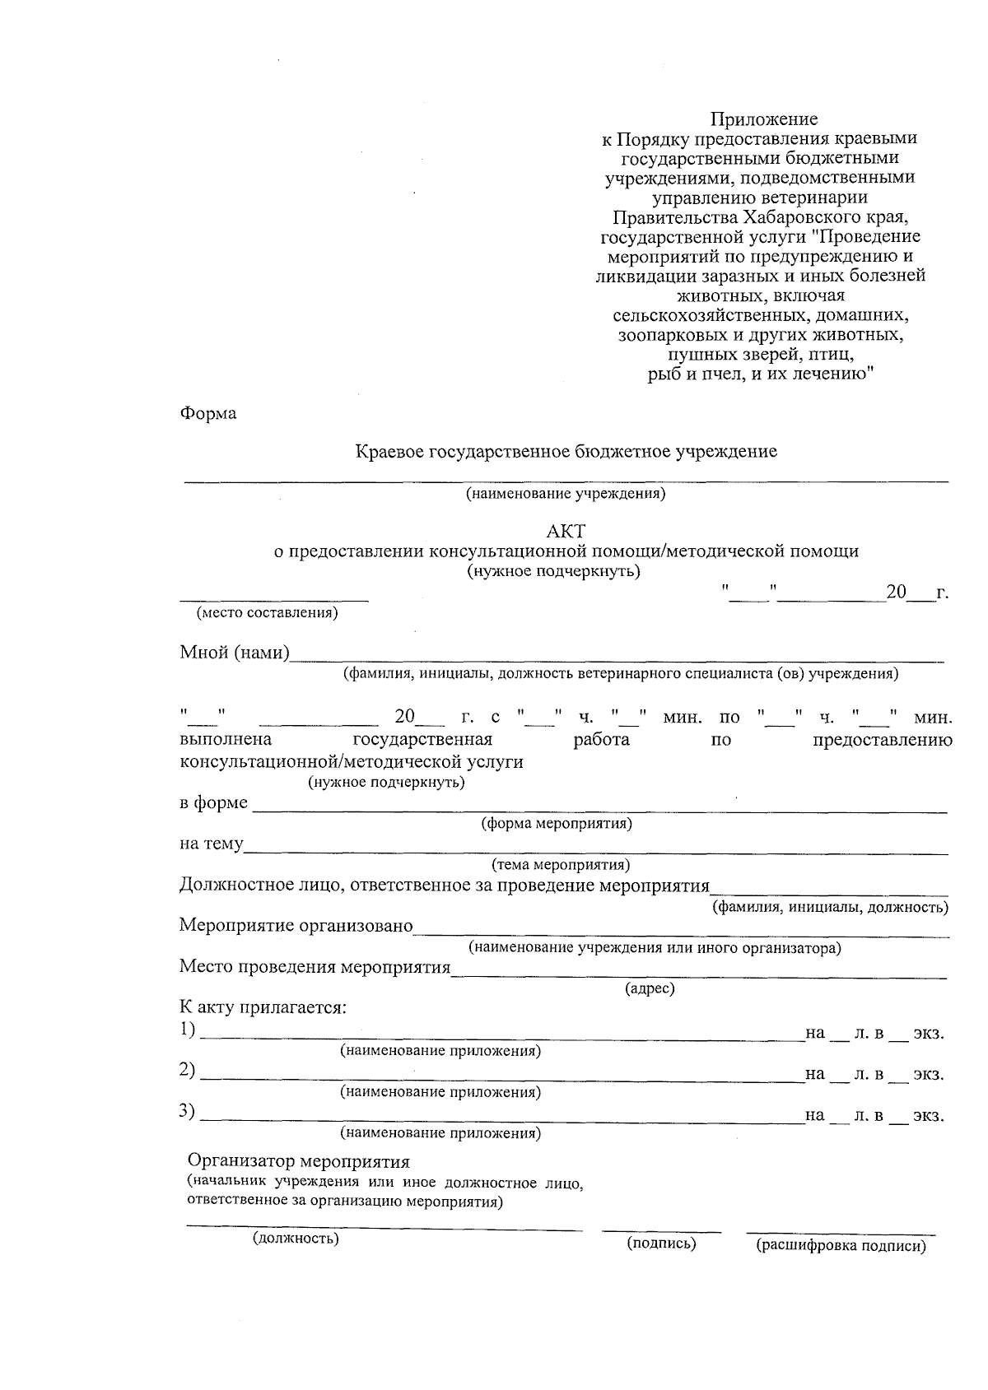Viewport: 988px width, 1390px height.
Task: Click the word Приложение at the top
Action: click(x=764, y=120)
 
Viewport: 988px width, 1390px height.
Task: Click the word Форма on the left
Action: click(x=208, y=414)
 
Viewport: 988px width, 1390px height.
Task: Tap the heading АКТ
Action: click(x=566, y=532)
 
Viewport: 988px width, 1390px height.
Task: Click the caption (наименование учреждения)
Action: click(x=565, y=494)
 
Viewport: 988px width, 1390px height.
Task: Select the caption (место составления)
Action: click(x=267, y=613)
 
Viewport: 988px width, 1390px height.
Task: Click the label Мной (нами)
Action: click(x=235, y=653)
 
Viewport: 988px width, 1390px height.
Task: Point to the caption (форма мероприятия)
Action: click(x=557, y=823)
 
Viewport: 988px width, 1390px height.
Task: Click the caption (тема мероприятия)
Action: click(x=561, y=865)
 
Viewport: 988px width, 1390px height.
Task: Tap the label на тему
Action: click(x=212, y=844)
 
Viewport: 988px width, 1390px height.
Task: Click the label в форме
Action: click(x=213, y=802)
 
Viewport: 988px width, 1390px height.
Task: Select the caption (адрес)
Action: click(x=650, y=988)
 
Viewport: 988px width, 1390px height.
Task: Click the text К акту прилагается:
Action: click(x=263, y=1007)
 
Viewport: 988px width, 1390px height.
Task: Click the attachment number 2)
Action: click(x=188, y=1070)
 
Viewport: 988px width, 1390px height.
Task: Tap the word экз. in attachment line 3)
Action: click(x=928, y=1116)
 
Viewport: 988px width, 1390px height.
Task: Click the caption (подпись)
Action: click(x=661, y=1244)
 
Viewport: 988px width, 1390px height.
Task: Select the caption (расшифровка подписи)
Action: click(x=841, y=1246)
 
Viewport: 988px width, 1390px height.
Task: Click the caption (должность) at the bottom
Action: click(x=296, y=1238)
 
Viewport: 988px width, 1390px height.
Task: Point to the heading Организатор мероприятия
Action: click(x=299, y=1162)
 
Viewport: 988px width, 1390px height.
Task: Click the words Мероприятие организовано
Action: click(x=296, y=926)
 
